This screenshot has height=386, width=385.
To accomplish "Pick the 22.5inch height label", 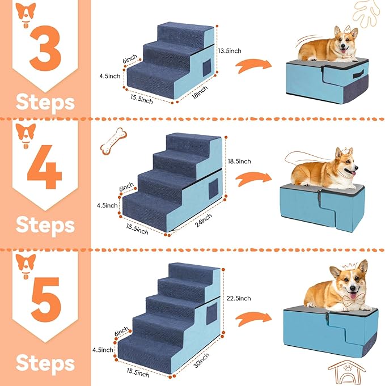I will (x=238, y=298).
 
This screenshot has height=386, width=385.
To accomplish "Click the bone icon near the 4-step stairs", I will (x=113, y=141).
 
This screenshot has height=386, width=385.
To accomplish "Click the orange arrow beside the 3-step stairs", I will (x=252, y=67).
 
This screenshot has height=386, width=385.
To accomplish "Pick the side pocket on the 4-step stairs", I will (x=213, y=191).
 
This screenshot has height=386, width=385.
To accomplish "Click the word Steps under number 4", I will (x=45, y=224).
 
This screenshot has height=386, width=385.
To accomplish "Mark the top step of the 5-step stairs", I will (x=187, y=269).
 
